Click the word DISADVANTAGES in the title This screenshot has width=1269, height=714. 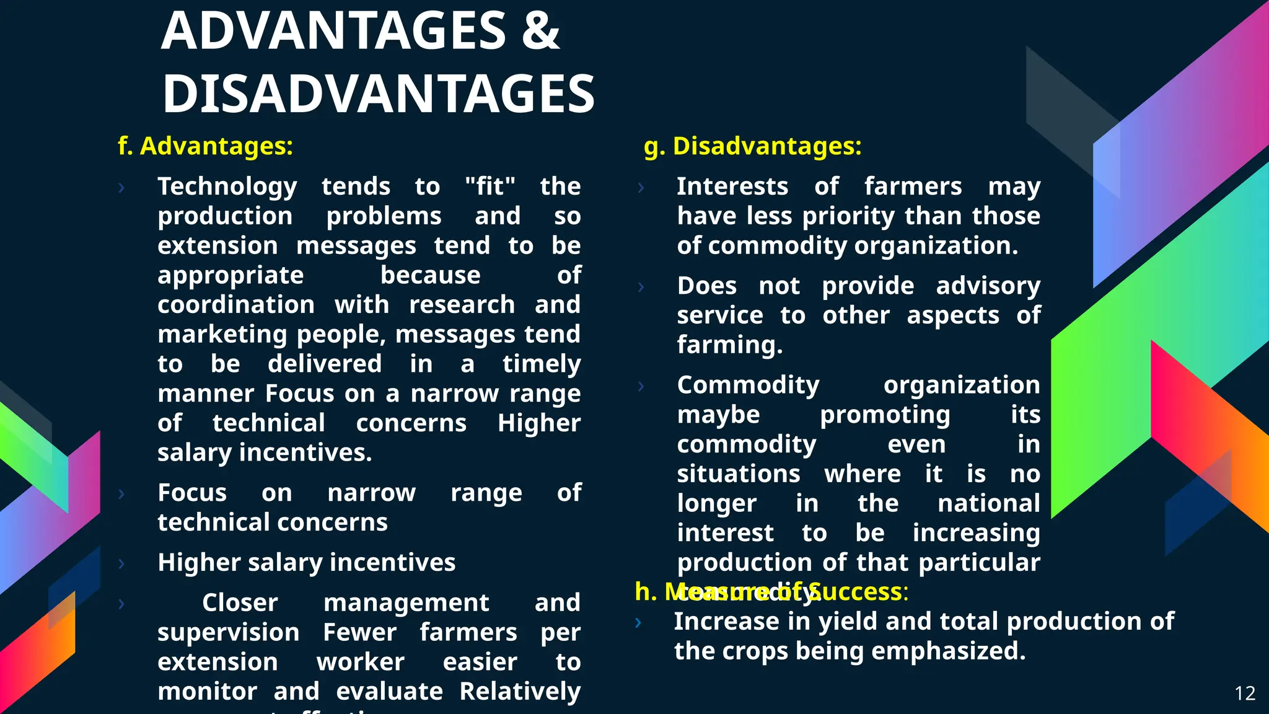point(378,94)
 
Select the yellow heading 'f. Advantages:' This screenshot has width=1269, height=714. point(205,146)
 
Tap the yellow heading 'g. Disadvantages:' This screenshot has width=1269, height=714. point(752,146)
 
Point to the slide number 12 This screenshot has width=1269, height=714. point(1245,693)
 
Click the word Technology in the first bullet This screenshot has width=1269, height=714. point(227,187)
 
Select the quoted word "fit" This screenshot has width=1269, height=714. point(490,186)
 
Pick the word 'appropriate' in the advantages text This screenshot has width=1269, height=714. point(231,275)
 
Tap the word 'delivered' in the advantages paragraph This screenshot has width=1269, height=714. point(325,364)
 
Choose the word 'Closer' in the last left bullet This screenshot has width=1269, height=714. point(240,602)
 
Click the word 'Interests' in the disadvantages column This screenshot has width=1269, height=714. point(732,187)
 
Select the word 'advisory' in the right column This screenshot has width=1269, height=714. point(988,286)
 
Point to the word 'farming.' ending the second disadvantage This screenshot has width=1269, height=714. point(729,345)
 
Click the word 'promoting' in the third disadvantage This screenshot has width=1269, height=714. point(885,415)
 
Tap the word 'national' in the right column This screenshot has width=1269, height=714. point(988,503)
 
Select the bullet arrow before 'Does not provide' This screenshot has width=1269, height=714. point(641,287)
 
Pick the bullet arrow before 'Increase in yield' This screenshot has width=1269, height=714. point(639,623)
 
